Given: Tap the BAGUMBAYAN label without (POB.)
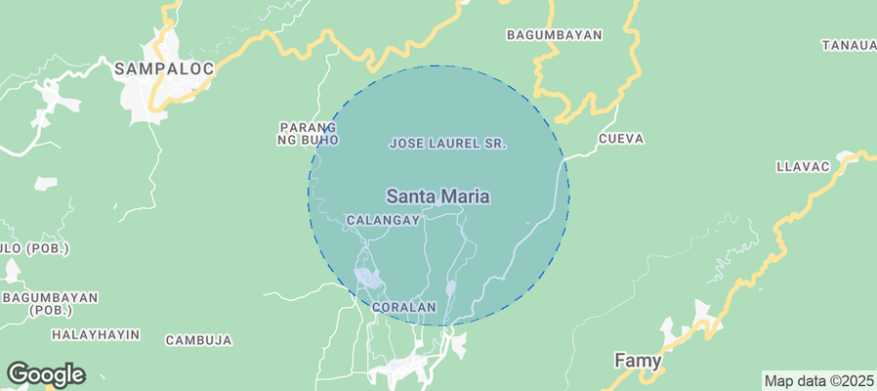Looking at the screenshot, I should tap(554, 35).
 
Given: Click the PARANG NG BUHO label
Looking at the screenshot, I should tap(309, 134).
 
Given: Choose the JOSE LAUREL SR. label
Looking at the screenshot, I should tap(447, 144).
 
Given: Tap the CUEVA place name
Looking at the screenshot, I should tap(620, 139).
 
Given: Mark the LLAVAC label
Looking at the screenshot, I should tap(802, 166).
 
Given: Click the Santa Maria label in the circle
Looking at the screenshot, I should tap(438, 197).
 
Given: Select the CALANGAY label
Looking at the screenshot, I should tap(383, 221).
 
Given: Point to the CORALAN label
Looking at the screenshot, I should tap(403, 307).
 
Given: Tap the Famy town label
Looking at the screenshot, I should tap(638, 361).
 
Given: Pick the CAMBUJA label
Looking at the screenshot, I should tap(198, 340).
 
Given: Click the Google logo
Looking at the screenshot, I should tap(46, 374).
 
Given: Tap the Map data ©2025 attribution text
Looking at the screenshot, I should tap(817, 381).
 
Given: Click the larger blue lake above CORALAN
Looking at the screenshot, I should tap(368, 279).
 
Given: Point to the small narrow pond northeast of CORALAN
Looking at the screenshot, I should tap(450, 288).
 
